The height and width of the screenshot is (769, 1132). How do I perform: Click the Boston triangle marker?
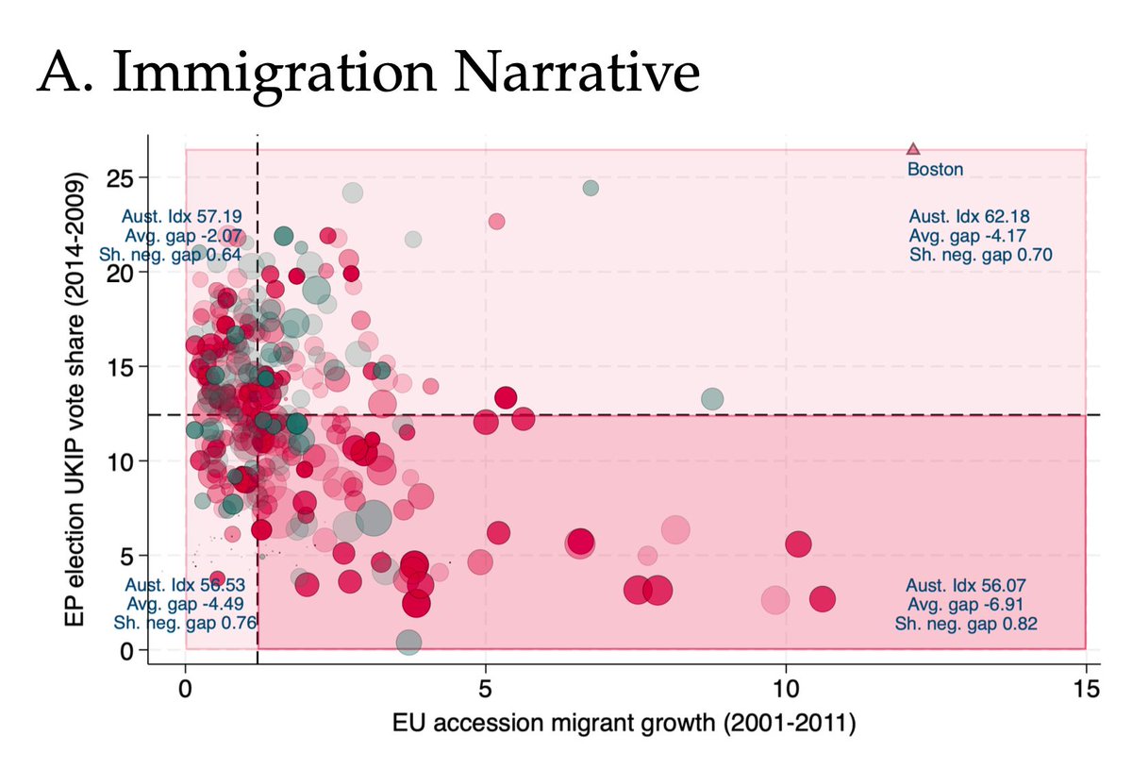912,148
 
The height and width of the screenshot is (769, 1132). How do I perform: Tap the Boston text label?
935,170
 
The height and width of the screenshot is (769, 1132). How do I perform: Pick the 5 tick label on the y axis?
127,555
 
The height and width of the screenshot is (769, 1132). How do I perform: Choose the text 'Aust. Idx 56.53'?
185,585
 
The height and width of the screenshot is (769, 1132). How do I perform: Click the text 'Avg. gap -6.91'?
966,604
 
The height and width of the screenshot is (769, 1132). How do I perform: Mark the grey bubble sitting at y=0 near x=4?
408,643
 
